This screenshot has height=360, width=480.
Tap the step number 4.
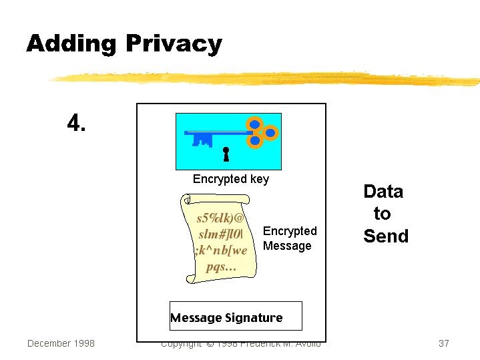[x=76, y=123]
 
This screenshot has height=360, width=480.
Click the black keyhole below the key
[x=226, y=154]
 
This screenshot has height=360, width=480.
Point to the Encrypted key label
[x=231, y=179]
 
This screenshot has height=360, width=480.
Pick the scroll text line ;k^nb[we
[x=221, y=250]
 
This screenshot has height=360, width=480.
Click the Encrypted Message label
[x=290, y=238]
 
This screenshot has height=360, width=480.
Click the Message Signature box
[x=235, y=317]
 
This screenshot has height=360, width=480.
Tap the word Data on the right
[x=383, y=192]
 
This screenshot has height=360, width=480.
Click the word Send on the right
[x=386, y=236]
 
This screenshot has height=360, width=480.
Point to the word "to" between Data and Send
[x=382, y=214]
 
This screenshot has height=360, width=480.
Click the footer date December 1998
[x=61, y=343]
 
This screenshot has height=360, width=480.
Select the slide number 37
[x=444, y=343]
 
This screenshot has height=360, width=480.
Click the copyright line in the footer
[x=240, y=344]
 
